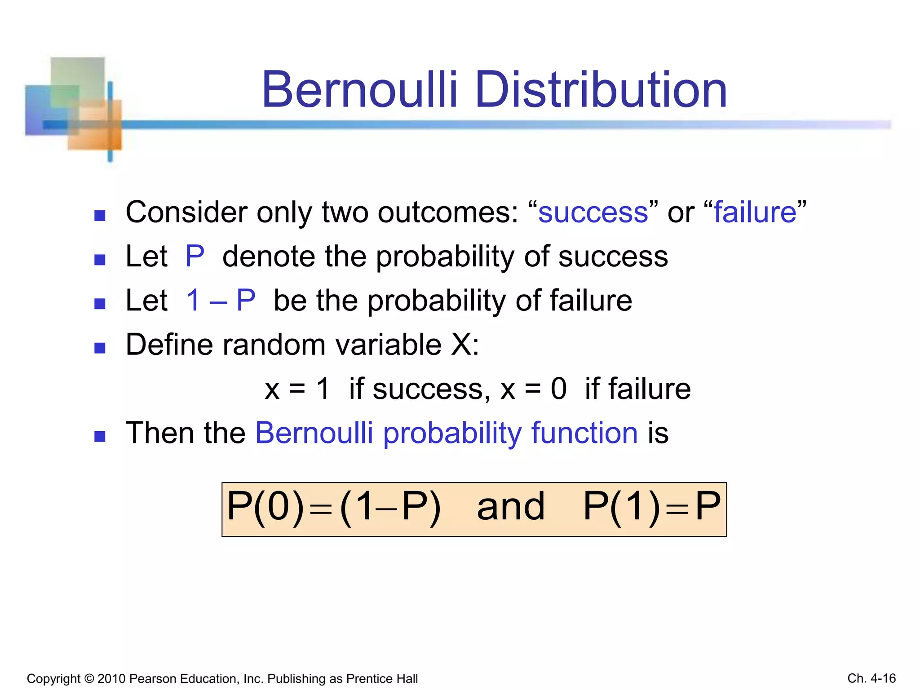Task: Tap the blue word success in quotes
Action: coord(593,212)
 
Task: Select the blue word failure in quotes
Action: coord(755,212)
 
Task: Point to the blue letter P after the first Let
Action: coord(195,257)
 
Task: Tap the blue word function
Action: coord(584,433)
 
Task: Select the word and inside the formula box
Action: coord(511,507)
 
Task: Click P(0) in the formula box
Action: coord(265,507)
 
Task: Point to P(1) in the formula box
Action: coord(622,507)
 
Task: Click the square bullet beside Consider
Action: coord(100,216)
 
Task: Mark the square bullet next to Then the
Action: coord(100,437)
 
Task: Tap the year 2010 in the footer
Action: coord(111,678)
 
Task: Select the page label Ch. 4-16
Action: coord(871,678)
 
